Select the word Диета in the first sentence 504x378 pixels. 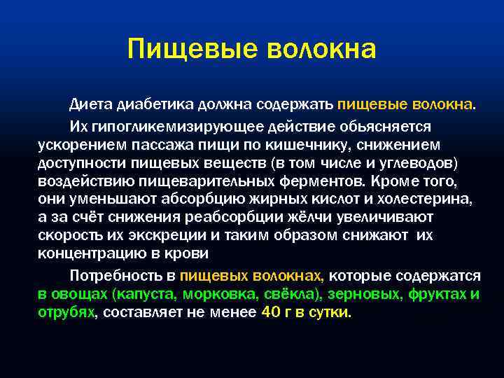pyautogui.click(x=87, y=105)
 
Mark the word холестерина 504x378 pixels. pyautogui.click(x=431, y=199)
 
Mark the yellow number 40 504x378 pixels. pyautogui.click(x=270, y=312)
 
